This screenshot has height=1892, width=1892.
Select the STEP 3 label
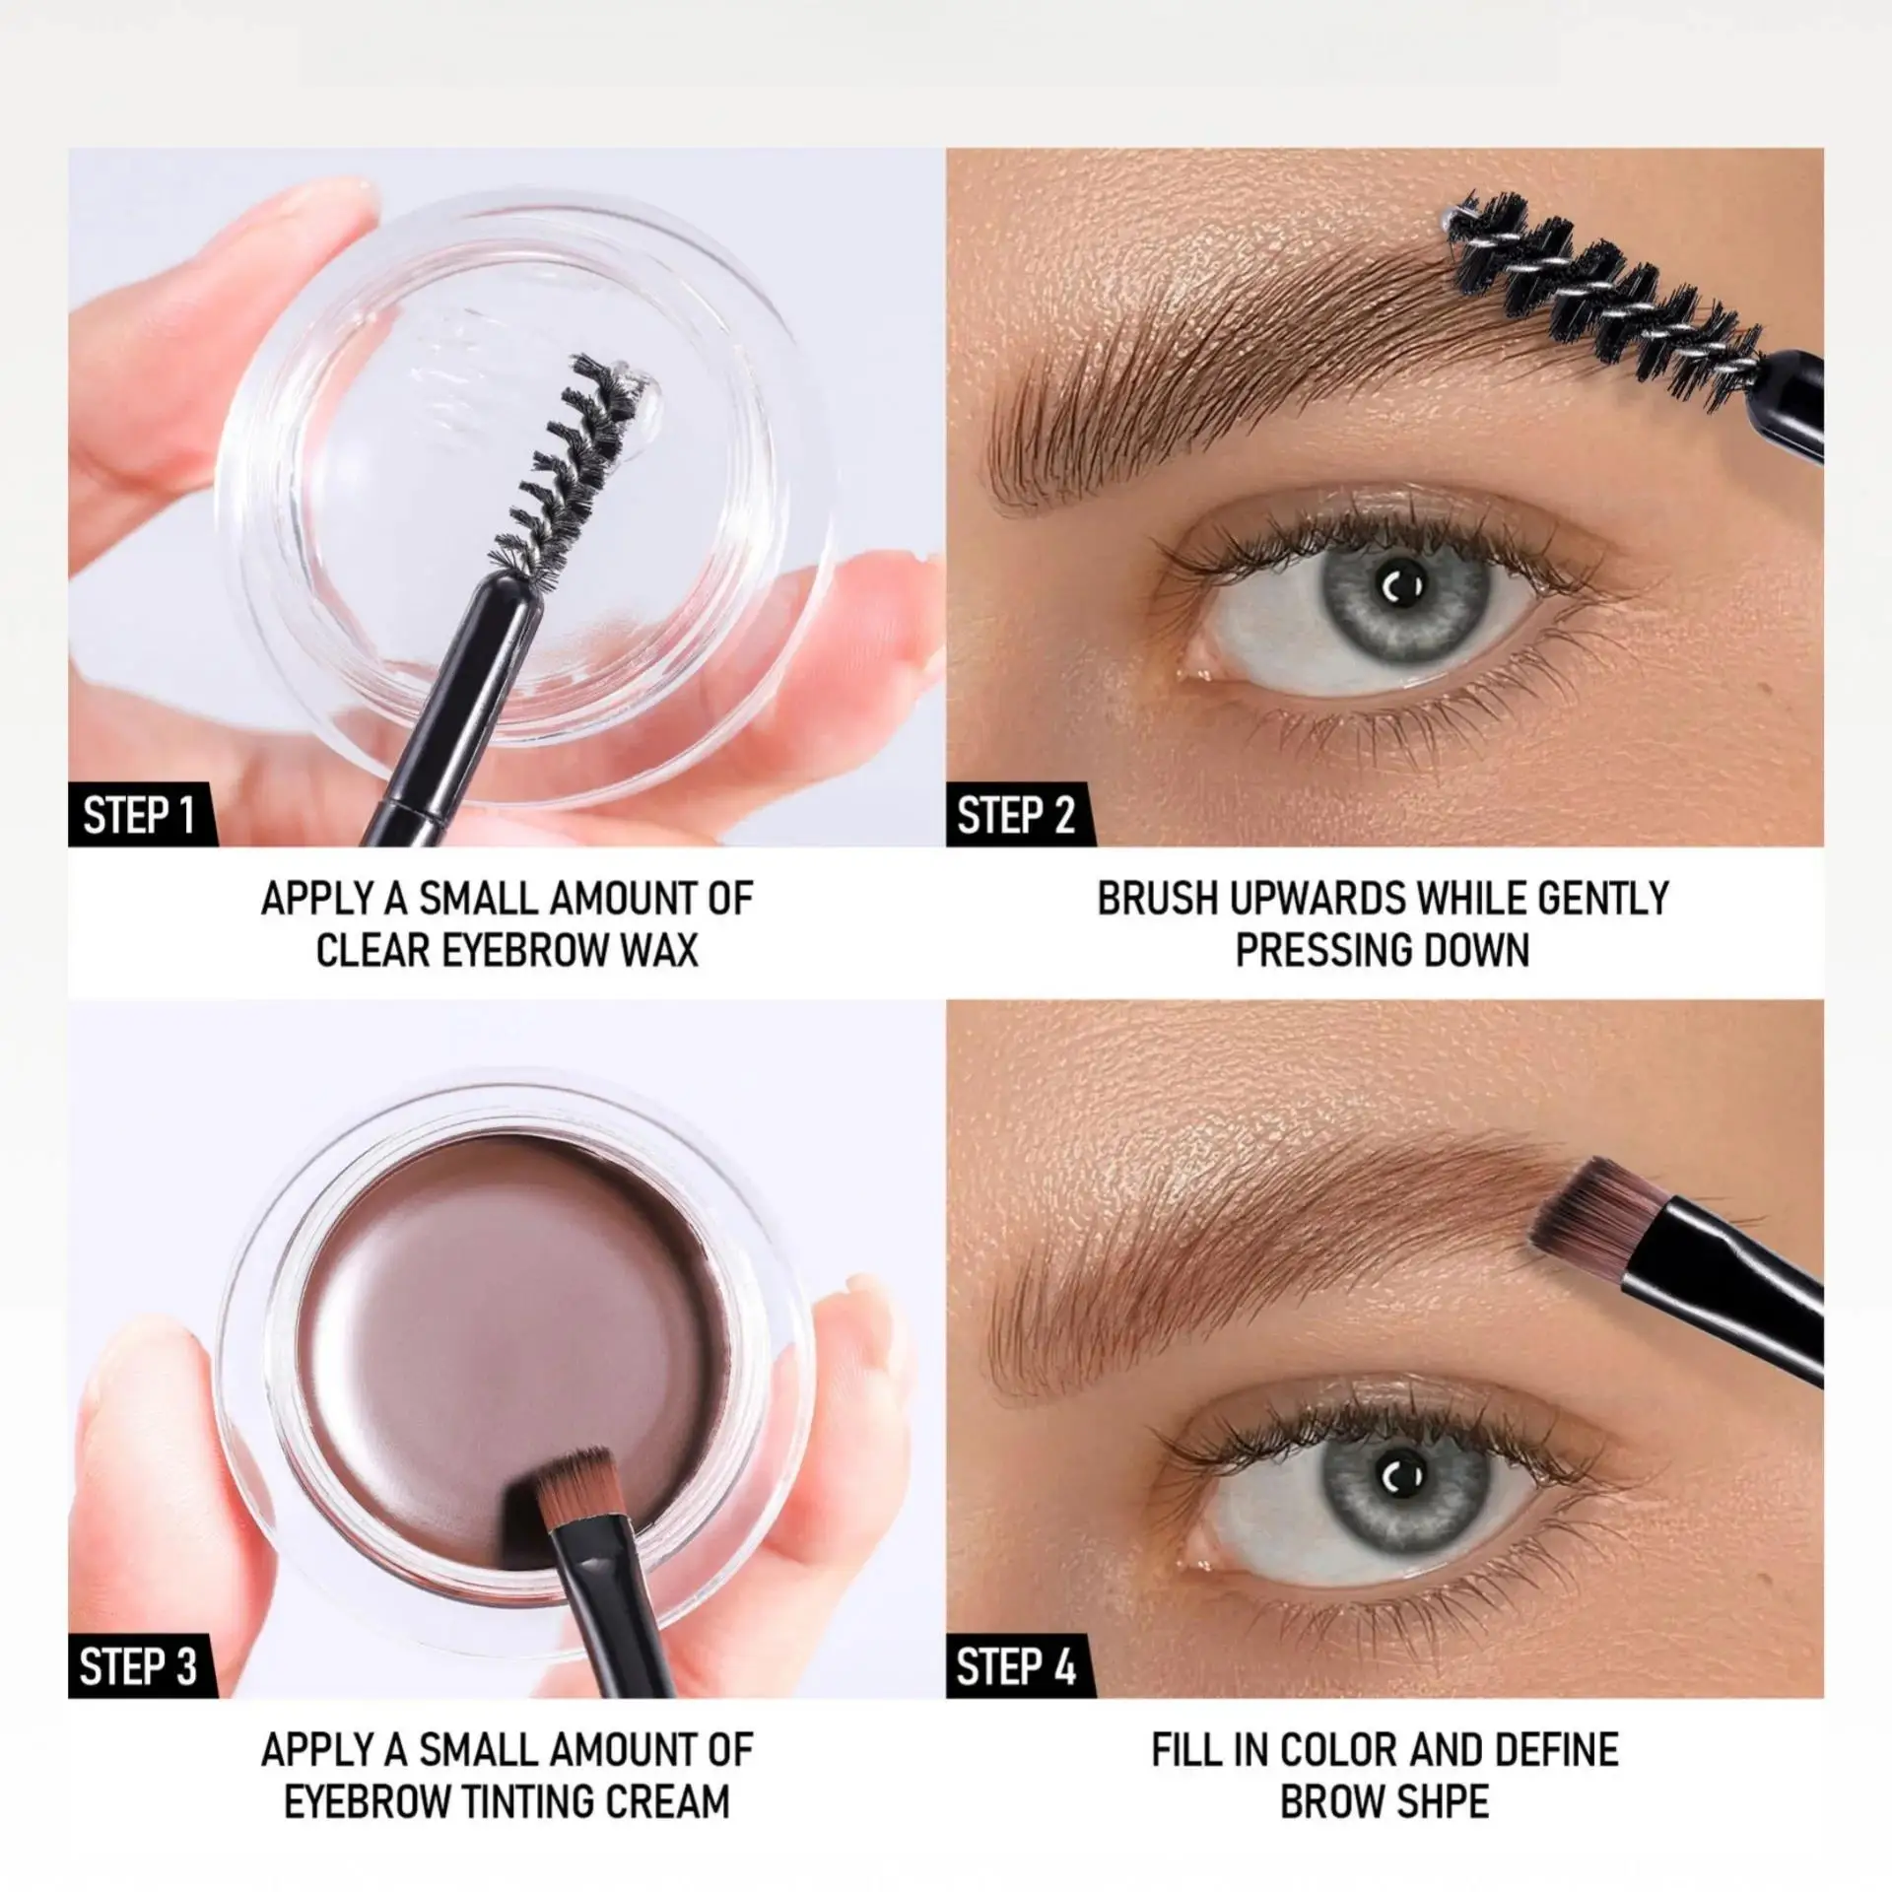(x=139, y=1667)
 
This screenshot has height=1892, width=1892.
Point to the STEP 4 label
(x=1015, y=1667)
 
